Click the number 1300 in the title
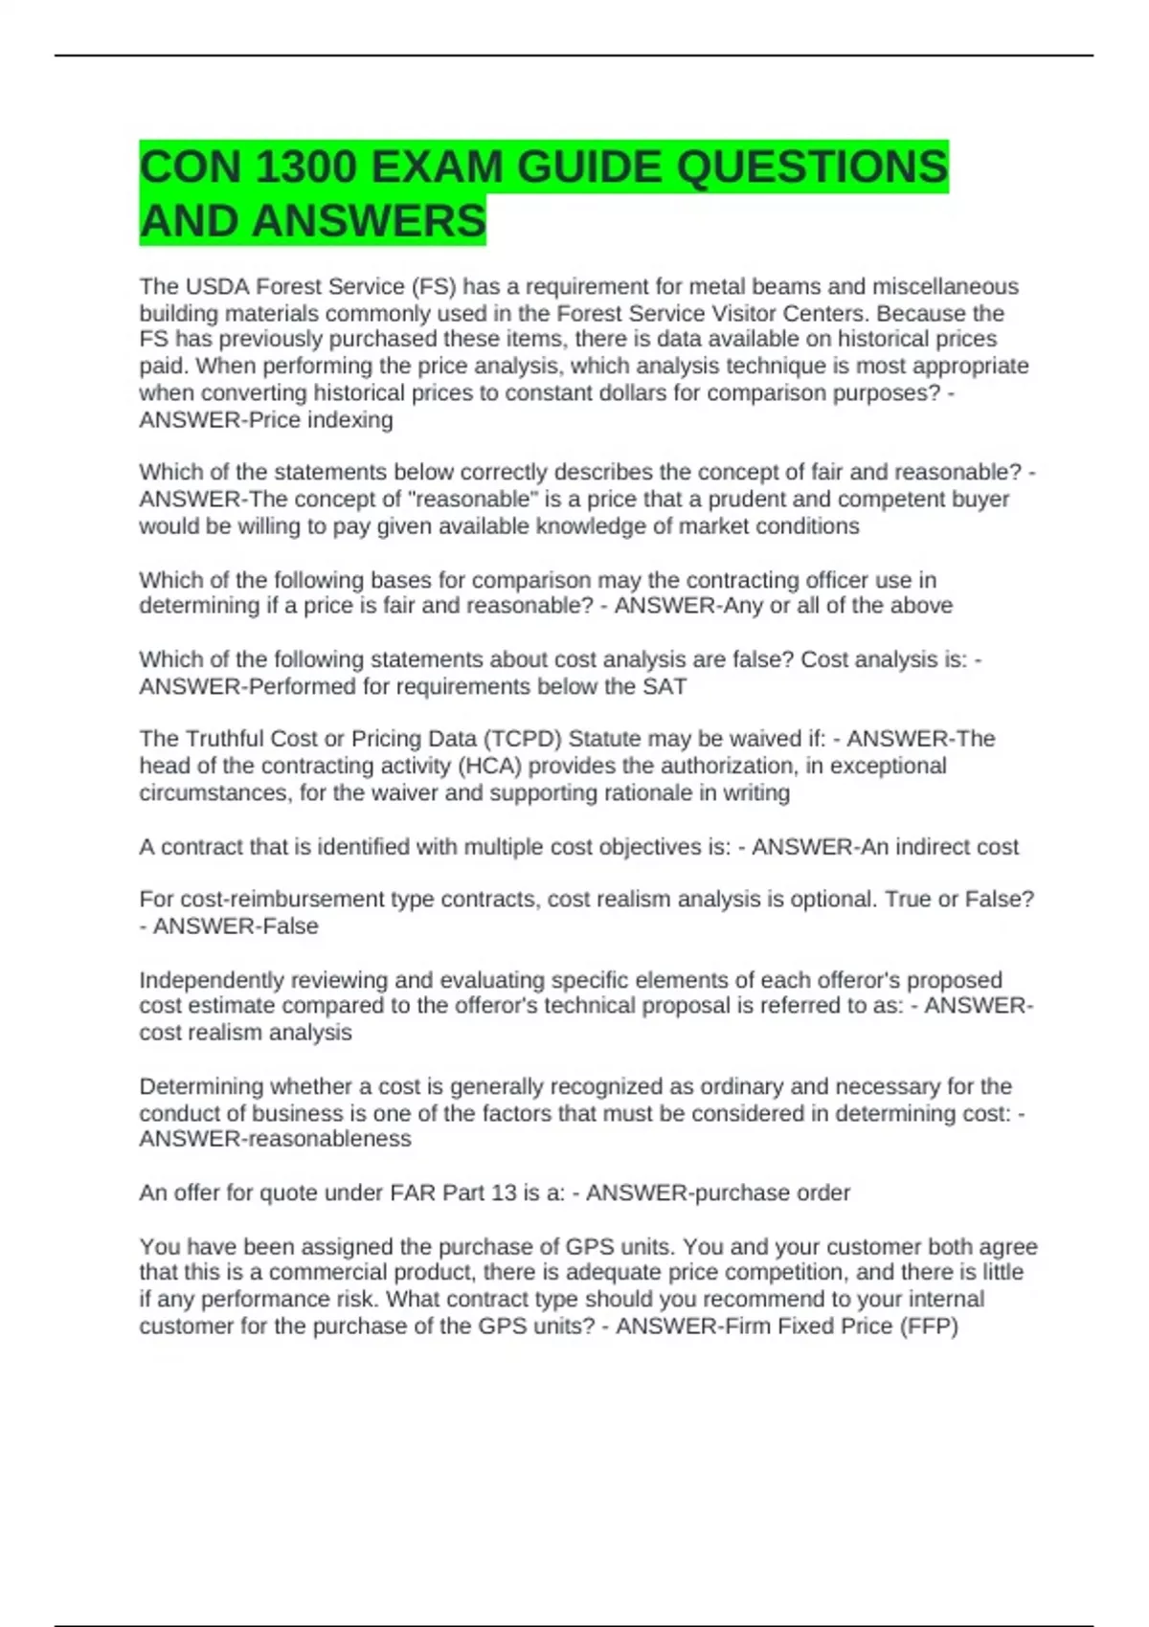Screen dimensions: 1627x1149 click(305, 168)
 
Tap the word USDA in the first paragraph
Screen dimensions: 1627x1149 click(215, 287)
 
